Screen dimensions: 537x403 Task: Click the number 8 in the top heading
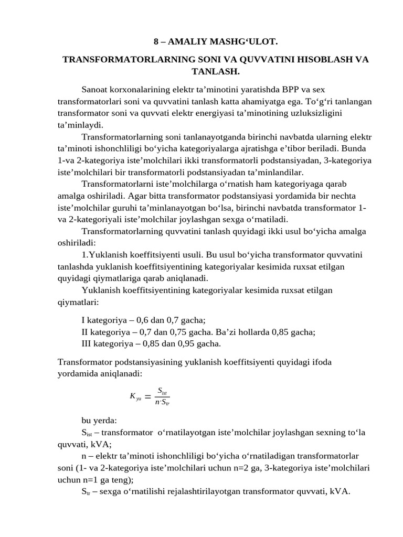pos(156,40)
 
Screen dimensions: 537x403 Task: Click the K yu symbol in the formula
pos(135,397)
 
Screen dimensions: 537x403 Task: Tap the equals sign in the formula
pos(147,397)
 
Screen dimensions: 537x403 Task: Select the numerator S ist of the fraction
pos(162,391)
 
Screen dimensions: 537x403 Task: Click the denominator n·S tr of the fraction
pos(162,403)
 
